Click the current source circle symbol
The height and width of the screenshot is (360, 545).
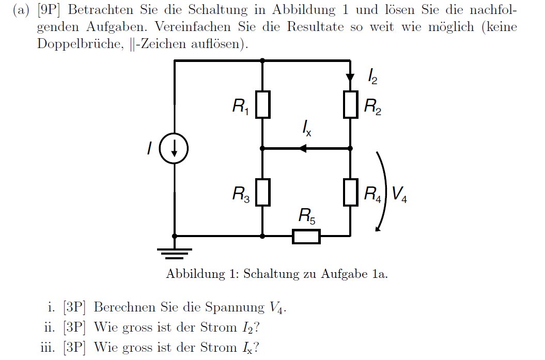click(x=174, y=149)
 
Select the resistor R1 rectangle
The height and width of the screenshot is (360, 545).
click(x=263, y=105)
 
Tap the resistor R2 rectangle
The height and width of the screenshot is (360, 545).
click(x=350, y=105)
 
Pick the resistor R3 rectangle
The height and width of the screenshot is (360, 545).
click(x=263, y=193)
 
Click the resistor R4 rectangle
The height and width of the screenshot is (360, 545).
click(x=350, y=193)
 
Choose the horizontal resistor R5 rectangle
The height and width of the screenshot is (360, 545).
click(x=306, y=236)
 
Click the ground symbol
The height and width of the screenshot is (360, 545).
click(x=174, y=254)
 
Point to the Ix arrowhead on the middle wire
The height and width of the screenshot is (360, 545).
click(x=303, y=149)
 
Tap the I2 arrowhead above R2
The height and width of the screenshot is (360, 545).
click(x=350, y=77)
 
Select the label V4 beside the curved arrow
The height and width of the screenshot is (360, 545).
click(x=399, y=194)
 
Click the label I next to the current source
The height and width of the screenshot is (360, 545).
click(x=149, y=148)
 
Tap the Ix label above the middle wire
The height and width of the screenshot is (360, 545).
click(x=306, y=128)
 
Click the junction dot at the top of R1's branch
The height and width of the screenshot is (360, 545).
click(x=262, y=61)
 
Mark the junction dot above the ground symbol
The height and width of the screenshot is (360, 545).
click(x=175, y=236)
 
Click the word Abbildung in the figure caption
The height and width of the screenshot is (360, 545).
click(x=196, y=274)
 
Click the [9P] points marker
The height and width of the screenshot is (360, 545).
click(x=49, y=10)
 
